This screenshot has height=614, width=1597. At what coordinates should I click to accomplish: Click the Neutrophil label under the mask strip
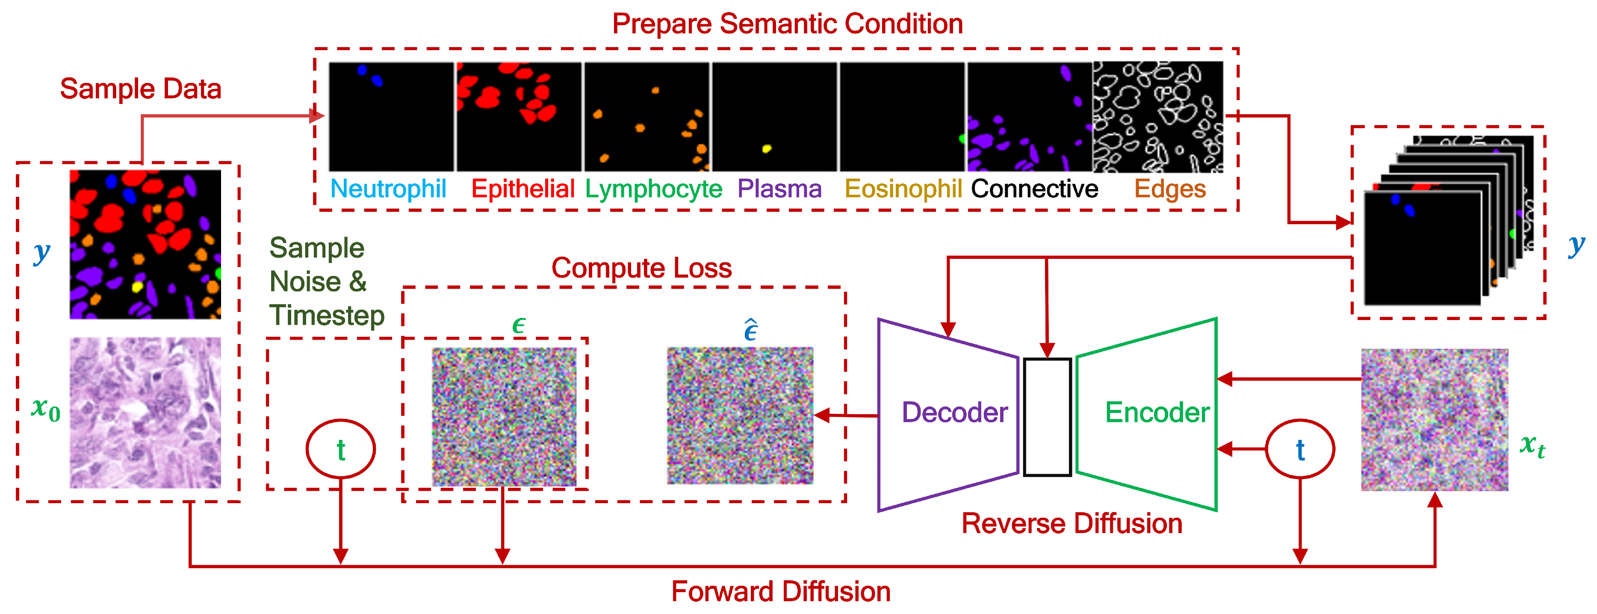tap(388, 189)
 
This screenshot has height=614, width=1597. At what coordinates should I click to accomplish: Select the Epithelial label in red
tap(522, 189)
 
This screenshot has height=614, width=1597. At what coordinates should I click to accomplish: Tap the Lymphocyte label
tap(653, 189)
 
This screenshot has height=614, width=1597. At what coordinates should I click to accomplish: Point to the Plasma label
tap(779, 189)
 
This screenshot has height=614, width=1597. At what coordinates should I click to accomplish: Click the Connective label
tap(1034, 189)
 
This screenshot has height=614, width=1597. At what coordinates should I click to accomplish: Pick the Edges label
tap(1170, 189)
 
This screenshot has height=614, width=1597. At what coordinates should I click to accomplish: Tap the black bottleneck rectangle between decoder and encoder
tap(1047, 417)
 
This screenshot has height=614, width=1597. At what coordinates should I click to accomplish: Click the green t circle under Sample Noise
tap(340, 449)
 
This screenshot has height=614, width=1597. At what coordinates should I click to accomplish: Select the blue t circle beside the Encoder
tap(1299, 449)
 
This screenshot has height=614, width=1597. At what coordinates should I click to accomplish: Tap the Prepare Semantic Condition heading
tap(787, 24)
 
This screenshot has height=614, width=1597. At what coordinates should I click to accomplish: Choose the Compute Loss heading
tap(642, 268)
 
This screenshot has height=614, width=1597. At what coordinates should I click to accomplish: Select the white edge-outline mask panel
tap(1157, 117)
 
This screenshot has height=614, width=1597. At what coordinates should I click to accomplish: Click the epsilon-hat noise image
tap(740, 415)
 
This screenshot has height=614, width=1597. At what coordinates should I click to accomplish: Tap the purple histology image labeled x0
tap(145, 412)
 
